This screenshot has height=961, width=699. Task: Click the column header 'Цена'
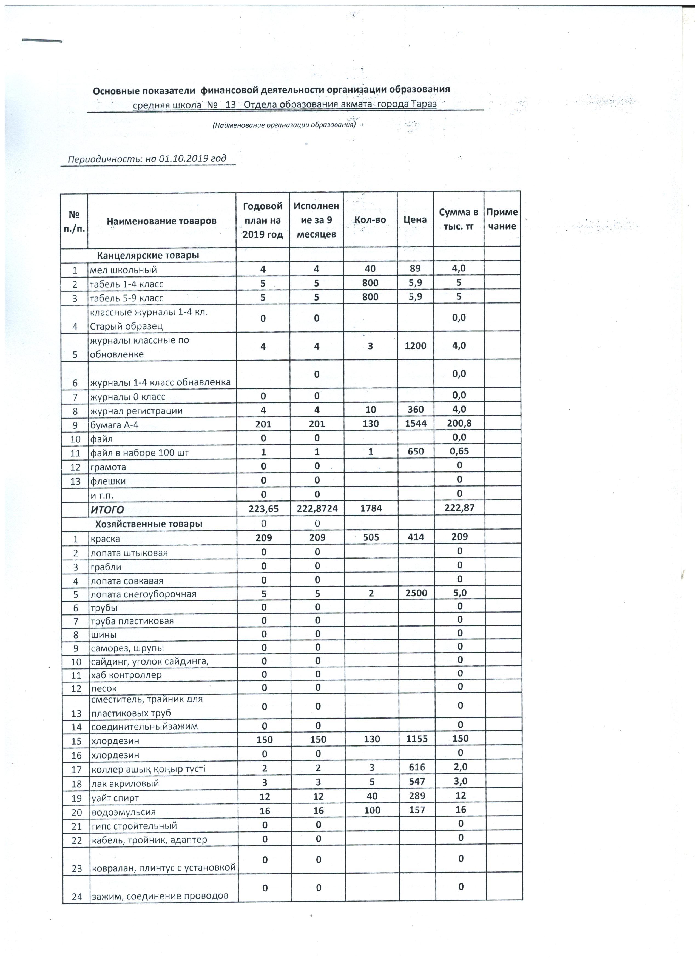415,219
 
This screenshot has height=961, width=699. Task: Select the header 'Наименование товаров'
161,221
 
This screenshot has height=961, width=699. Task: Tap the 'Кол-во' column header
370,219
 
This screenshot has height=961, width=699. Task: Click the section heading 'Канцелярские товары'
148,256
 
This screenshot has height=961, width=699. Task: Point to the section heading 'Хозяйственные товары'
149,524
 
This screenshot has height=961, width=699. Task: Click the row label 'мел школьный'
123,270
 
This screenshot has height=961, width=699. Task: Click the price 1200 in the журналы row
415,346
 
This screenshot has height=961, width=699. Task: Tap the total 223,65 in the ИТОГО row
263,509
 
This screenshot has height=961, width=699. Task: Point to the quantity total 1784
371,509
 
